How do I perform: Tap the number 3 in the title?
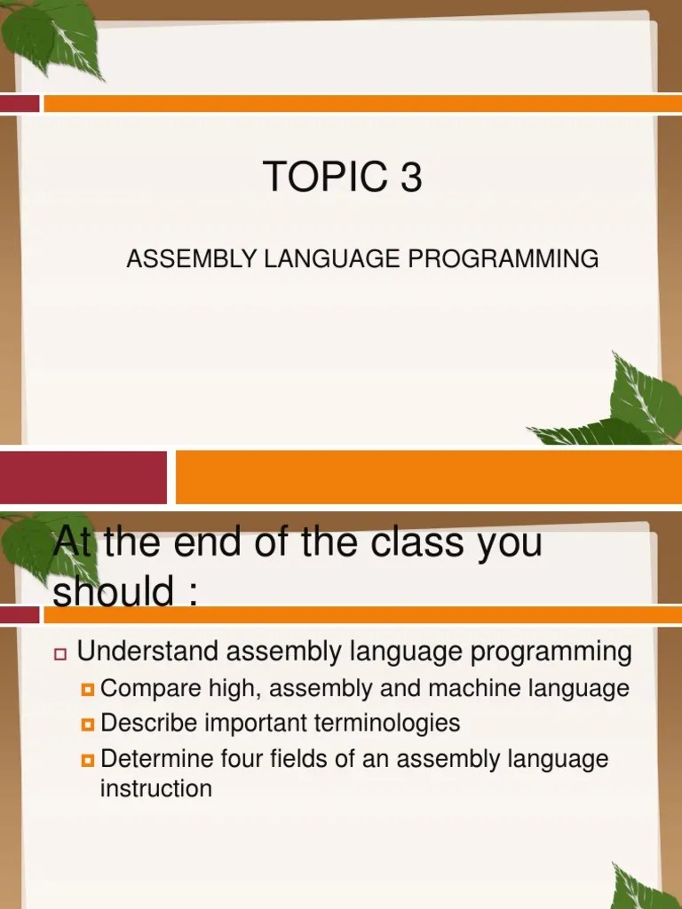[410, 178]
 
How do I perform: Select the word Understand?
[148, 652]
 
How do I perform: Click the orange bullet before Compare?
[87, 689]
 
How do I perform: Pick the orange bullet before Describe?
[87, 724]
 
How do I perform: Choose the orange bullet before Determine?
[87, 760]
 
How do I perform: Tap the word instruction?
[156, 788]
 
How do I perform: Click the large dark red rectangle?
[83, 477]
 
